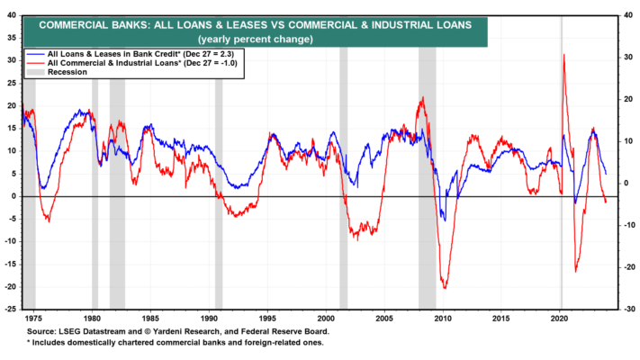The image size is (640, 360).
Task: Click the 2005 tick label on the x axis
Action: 384,319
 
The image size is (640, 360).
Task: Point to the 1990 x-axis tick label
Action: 209,319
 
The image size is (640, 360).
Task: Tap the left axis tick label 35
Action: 12,38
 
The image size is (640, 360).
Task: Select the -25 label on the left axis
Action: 10,309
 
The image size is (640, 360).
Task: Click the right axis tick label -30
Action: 628,309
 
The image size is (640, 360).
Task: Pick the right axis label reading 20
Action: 628,99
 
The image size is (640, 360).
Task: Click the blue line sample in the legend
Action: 35,54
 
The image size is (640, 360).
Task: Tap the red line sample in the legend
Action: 35,63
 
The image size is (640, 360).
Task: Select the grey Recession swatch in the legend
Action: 35,72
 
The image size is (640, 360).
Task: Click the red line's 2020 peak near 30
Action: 564,54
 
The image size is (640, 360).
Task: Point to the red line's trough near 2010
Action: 445,288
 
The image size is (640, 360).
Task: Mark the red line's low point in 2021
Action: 575,272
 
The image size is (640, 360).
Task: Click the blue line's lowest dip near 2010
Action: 445,220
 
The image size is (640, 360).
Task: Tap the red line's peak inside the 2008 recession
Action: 423,97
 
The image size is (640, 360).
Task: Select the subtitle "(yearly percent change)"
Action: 256,40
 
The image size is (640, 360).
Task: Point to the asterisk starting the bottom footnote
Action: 29,342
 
